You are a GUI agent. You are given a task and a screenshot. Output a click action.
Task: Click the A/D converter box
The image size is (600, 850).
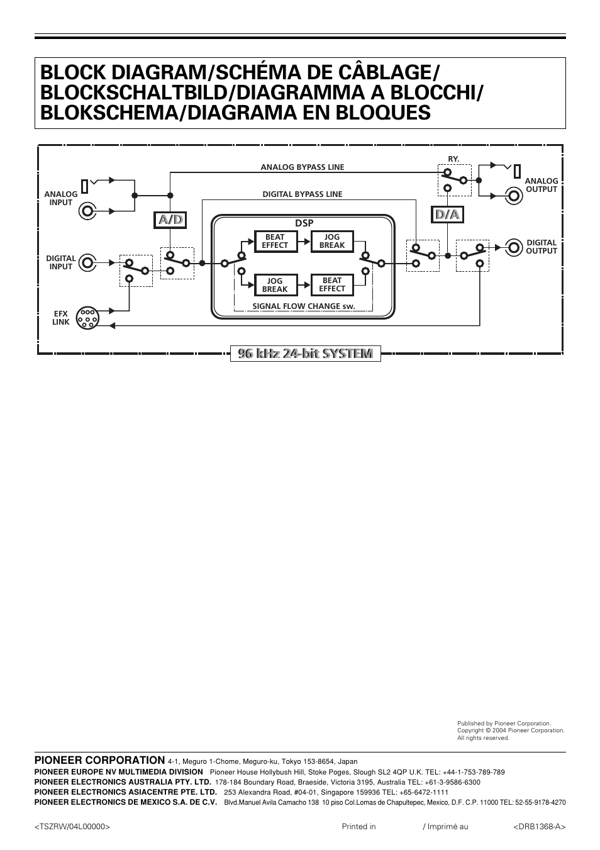click(170, 220)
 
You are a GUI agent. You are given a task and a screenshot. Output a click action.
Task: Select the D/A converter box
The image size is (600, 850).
click(448, 215)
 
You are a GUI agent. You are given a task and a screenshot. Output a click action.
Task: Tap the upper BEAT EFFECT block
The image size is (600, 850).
click(275, 242)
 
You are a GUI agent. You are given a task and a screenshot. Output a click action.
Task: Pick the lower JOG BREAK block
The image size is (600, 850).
click(275, 285)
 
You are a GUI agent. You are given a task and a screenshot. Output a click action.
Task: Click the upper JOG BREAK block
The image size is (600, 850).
click(332, 242)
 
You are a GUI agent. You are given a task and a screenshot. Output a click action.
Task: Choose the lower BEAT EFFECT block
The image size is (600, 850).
click(332, 285)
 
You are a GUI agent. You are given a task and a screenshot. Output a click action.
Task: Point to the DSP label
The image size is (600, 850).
click(304, 223)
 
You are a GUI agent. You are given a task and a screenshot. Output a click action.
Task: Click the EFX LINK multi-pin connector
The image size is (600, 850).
click(87, 318)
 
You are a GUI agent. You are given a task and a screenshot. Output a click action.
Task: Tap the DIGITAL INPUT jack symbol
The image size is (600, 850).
click(87, 262)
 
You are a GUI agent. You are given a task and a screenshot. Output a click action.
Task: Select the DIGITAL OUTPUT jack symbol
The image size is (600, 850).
click(514, 247)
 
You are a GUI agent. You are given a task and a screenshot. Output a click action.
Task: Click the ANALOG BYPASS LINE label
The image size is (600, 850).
click(303, 167)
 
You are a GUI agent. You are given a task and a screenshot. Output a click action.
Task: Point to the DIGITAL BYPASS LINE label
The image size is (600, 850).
click(303, 194)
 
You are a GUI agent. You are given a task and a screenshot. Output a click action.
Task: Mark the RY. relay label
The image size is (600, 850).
click(453, 159)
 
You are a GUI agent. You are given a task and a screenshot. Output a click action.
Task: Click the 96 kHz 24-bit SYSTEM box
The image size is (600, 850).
click(305, 354)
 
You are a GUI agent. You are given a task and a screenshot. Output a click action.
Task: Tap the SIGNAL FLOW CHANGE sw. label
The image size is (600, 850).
click(304, 306)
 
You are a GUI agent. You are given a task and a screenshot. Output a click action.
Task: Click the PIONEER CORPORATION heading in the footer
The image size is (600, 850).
click(100, 760)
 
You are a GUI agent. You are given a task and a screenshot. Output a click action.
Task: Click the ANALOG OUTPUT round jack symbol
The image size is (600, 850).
click(514, 196)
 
